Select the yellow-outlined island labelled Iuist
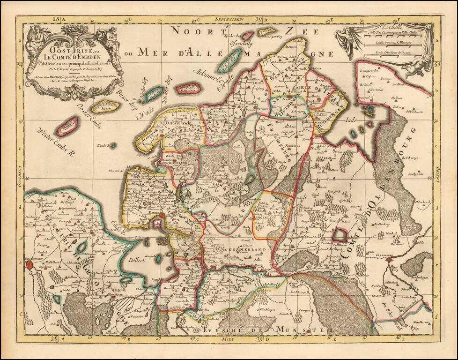coord(104,106)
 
